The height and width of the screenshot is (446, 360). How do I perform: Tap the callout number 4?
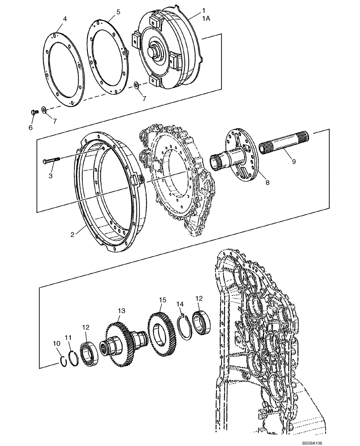(x=65, y=19)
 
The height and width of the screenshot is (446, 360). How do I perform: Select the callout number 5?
(x=118, y=12)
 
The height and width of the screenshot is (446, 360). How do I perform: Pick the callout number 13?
(x=121, y=310)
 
